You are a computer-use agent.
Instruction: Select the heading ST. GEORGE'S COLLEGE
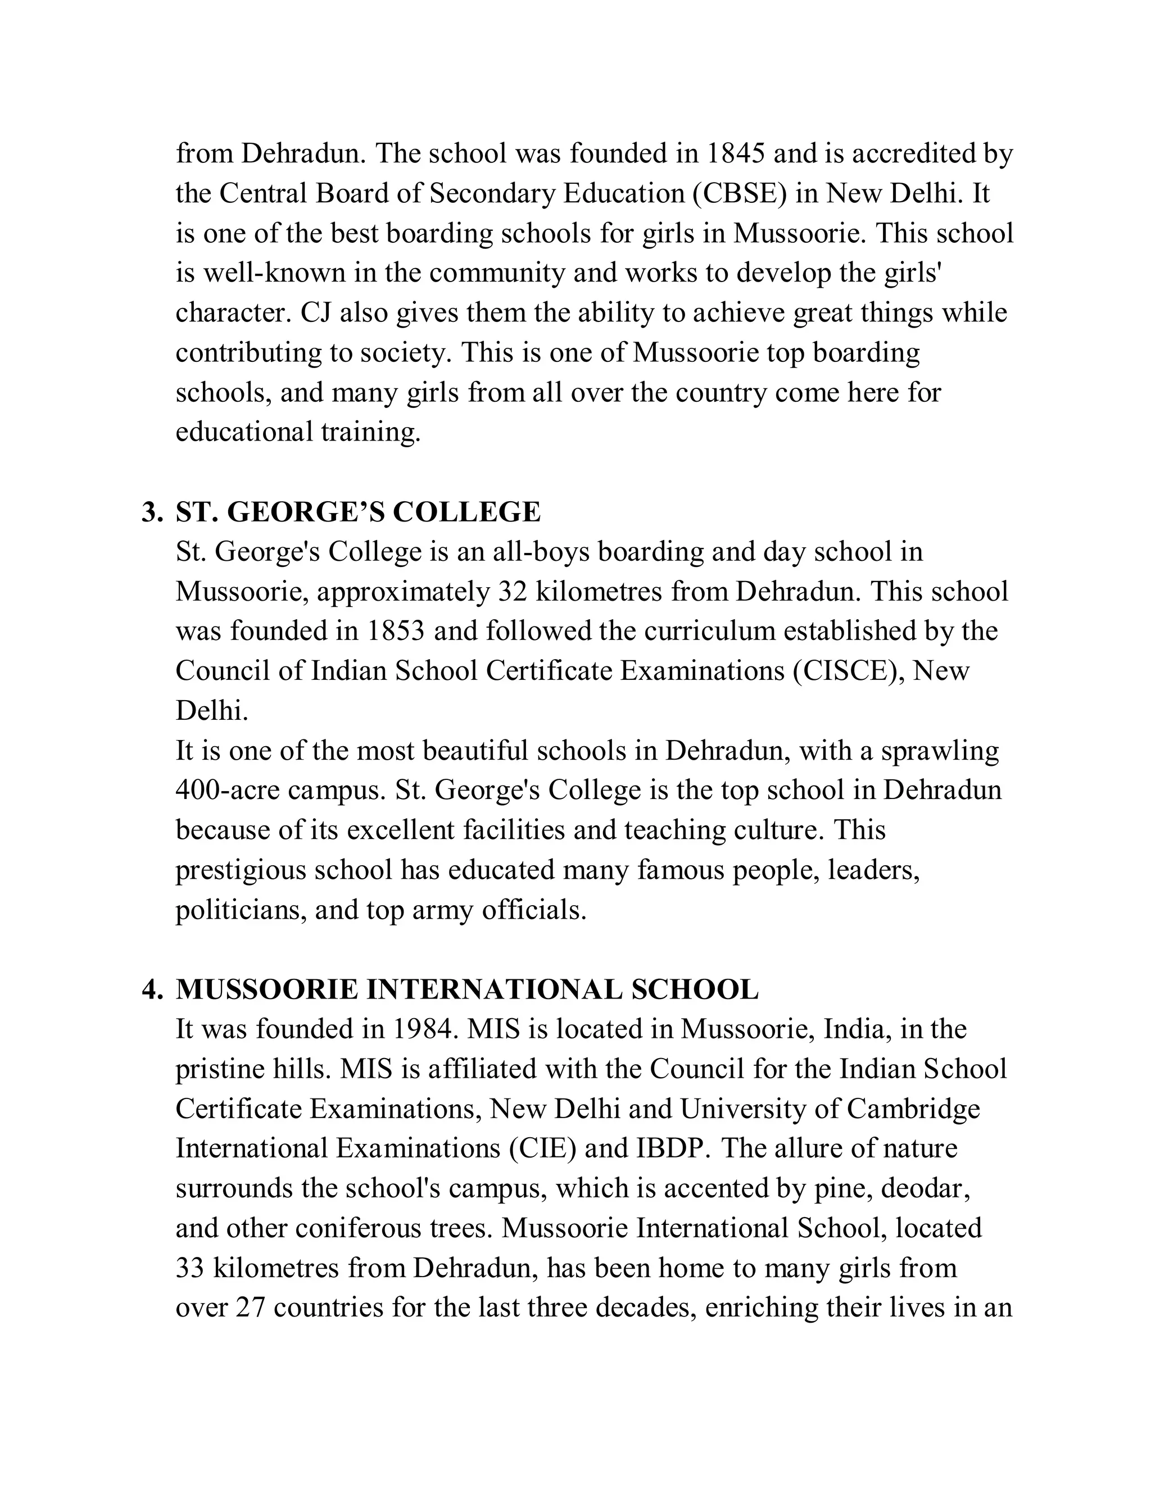358,512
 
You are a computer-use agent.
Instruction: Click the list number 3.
151,512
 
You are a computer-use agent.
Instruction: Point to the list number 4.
151,990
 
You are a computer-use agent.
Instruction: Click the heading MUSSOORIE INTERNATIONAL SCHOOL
467,990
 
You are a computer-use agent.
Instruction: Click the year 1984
423,1029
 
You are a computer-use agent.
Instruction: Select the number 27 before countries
250,1308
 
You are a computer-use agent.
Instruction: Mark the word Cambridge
913,1109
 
